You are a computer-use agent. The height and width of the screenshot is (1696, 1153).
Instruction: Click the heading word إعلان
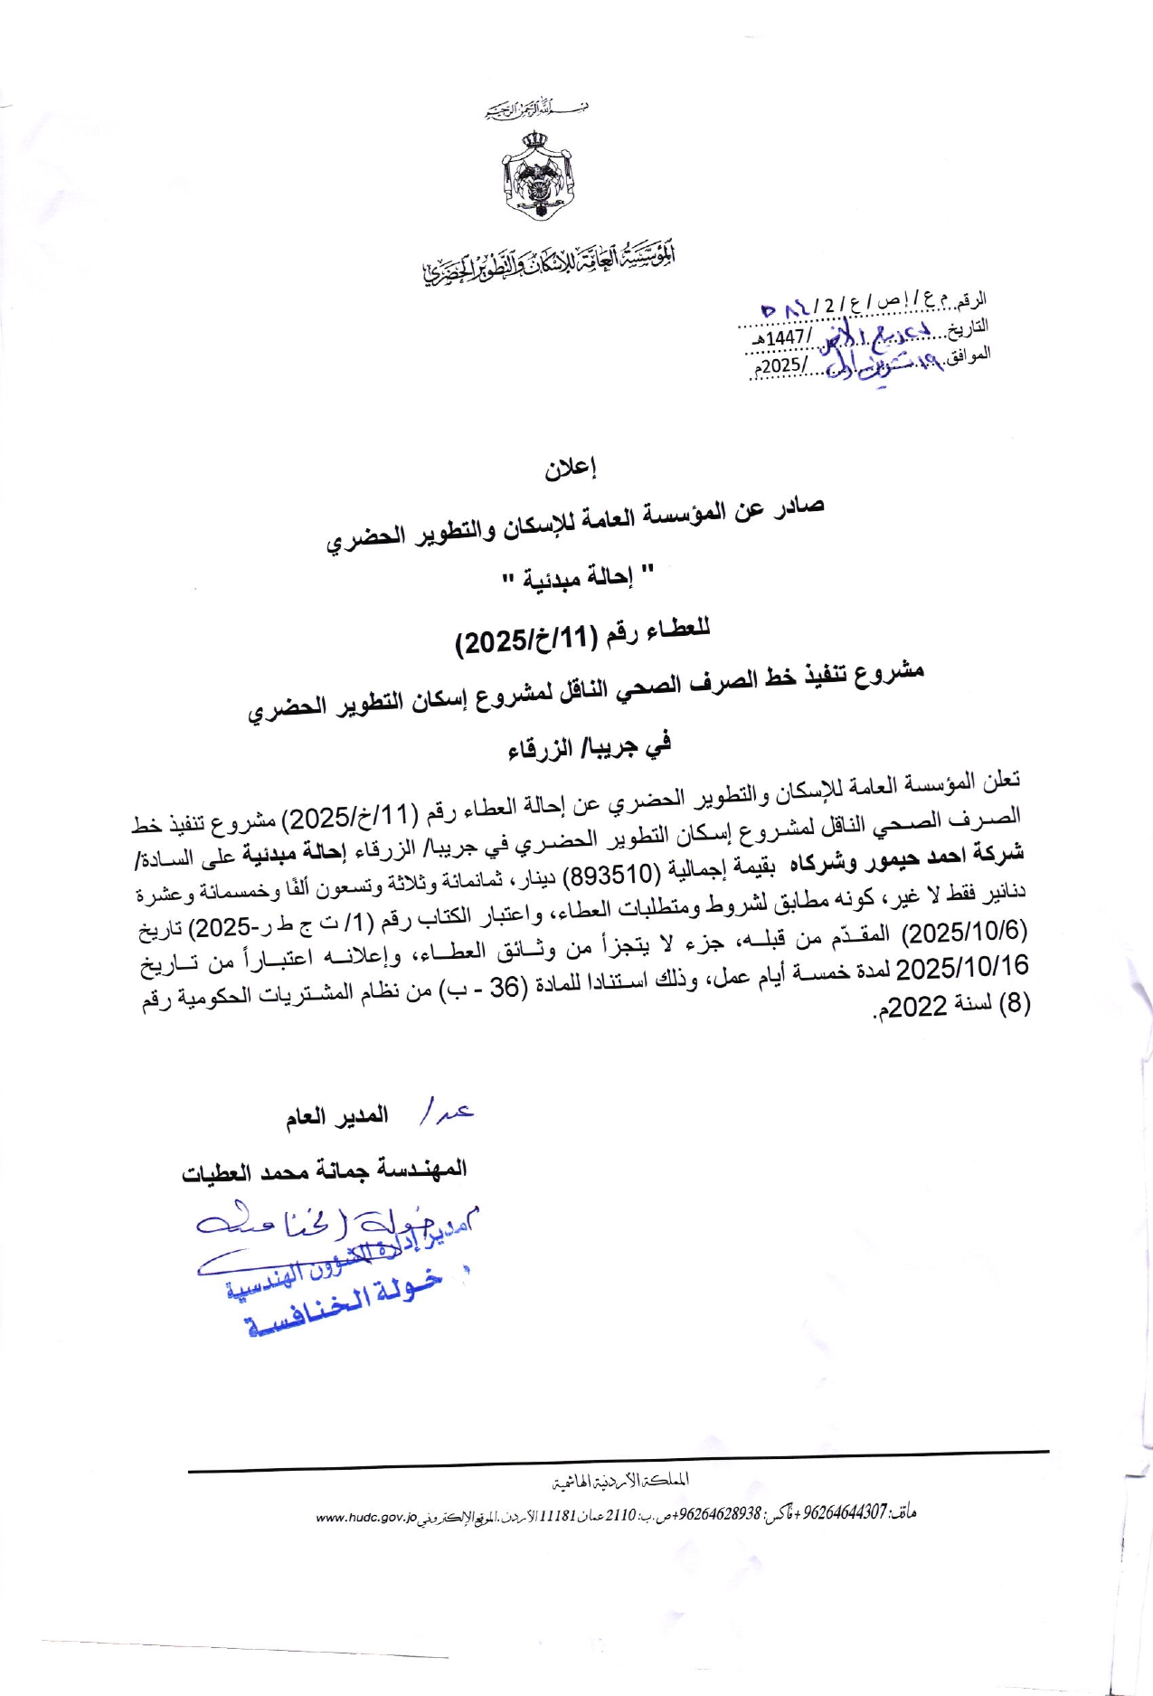pyautogui.click(x=571, y=468)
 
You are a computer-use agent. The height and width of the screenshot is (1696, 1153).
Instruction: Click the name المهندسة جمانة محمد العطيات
pyautogui.click(x=325, y=1170)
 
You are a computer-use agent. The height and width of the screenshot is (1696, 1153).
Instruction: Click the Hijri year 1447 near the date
pyautogui.click(x=786, y=337)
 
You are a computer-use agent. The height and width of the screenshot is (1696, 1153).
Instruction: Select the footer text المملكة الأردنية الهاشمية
pyautogui.click(x=620, y=1481)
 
